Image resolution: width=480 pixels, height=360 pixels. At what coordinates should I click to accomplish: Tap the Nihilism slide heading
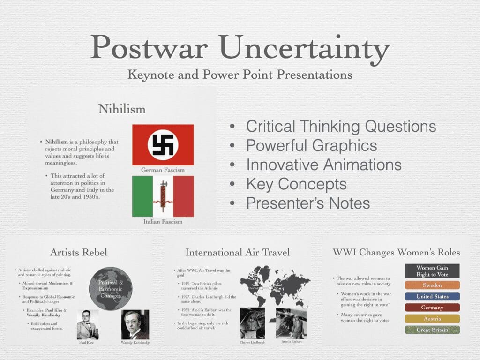121,109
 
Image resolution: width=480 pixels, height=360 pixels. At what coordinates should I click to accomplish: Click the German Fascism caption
163,169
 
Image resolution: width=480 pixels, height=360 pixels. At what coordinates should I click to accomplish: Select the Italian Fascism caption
163,221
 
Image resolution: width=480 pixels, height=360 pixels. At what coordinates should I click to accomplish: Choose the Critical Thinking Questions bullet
341,126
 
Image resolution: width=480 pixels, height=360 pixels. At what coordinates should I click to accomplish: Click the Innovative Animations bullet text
323,165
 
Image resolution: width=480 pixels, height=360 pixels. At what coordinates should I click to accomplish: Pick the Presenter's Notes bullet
308,203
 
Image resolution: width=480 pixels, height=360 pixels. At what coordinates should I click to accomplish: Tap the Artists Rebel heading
78,252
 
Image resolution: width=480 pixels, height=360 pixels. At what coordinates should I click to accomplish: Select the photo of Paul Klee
87,324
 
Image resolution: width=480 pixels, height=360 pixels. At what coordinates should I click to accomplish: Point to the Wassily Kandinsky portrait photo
135,324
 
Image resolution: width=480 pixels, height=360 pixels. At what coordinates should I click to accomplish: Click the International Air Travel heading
238,252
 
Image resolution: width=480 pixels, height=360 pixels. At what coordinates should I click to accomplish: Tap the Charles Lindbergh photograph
252,323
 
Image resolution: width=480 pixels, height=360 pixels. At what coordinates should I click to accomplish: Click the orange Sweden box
432,285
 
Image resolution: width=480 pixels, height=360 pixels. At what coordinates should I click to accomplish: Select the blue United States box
432,296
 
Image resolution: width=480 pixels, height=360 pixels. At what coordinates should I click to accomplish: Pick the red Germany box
432,307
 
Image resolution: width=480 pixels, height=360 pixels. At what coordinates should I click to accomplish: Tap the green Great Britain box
432,330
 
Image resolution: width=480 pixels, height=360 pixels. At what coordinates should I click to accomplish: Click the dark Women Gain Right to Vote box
432,271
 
